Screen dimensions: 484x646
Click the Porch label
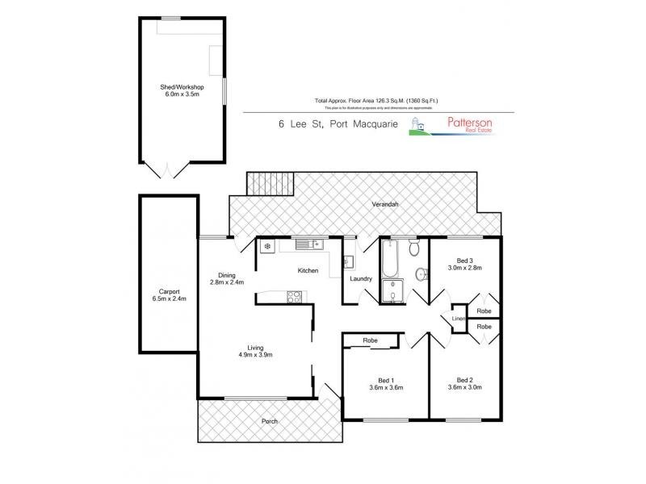pyautogui.click(x=270, y=421)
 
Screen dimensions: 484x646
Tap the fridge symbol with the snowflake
pyautogui.click(x=268, y=245)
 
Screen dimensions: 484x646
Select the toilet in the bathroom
pyautogui.click(x=414, y=247)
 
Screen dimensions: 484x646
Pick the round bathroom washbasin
pyautogui.click(x=420, y=276)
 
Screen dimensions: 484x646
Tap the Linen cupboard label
pyautogui.click(x=458, y=319)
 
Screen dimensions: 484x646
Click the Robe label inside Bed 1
pyautogui.click(x=371, y=341)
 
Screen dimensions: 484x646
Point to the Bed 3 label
pyautogui.click(x=465, y=260)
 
